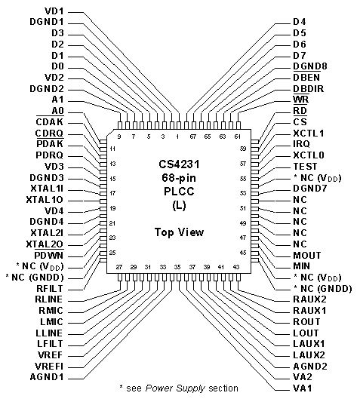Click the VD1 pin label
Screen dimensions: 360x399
coord(54,11)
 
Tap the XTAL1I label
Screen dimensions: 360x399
coord(47,189)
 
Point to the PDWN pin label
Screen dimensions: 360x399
coord(48,255)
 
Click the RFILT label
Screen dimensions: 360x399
coord(50,289)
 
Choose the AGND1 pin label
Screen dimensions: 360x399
coord(47,377)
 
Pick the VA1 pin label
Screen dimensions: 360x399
coord(303,388)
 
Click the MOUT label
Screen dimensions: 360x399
coord(307,255)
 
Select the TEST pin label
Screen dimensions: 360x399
coord(305,167)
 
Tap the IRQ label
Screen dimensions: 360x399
coord(301,144)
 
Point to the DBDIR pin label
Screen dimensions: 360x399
coord(309,88)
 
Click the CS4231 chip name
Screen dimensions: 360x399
coord(179,164)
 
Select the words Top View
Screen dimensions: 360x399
coord(179,232)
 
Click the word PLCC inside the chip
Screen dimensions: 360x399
coord(179,192)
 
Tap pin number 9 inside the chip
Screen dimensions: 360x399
coord(119,137)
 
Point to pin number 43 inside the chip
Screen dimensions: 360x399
coord(236,267)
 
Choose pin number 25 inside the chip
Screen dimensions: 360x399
coord(112,253)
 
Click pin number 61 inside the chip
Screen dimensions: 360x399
coord(237,137)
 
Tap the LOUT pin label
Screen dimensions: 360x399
coord(306,333)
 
